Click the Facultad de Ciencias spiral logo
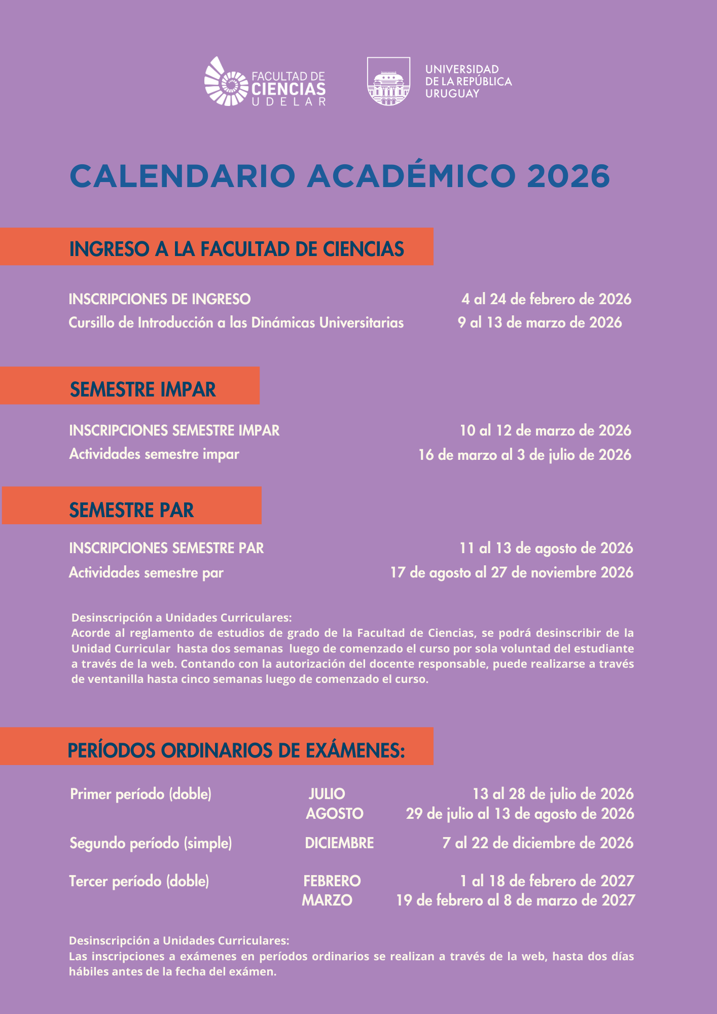point(226,82)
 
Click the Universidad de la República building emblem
point(388,82)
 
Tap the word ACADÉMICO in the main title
point(411,176)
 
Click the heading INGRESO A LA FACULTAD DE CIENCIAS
point(236,249)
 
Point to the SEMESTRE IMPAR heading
point(143,389)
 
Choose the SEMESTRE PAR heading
point(131,510)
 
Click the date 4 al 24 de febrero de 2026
point(546,299)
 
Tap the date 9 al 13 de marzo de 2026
point(540,322)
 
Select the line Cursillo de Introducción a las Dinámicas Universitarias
point(236,322)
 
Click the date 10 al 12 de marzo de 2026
point(545,430)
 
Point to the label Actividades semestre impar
point(154,454)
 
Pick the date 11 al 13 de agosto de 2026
point(546,548)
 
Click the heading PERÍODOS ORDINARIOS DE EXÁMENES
point(236,750)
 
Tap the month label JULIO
point(327,794)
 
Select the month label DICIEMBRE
point(339,843)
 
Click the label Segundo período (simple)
point(151,843)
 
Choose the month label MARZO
point(327,900)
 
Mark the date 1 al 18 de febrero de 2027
point(547,881)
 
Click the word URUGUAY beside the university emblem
point(452,94)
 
